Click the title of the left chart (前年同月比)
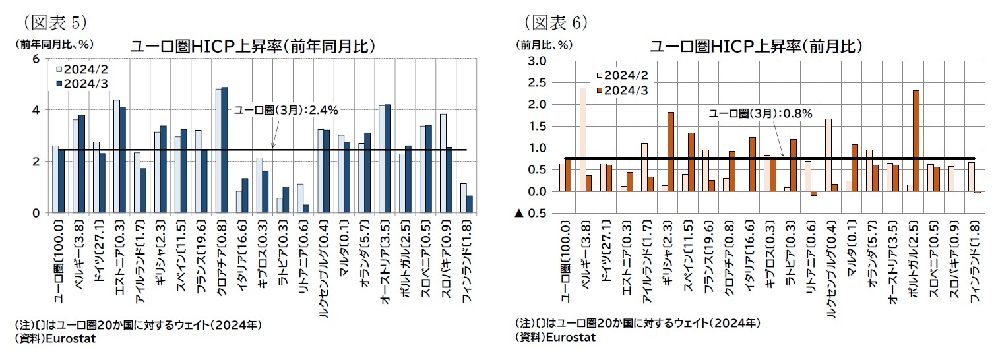coord(253,46)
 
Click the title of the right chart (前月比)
coord(756,46)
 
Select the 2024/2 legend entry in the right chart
coord(623,75)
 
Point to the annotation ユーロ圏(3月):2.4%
coord(286,110)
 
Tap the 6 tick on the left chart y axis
coord(36,59)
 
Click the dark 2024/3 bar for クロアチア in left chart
coord(224,150)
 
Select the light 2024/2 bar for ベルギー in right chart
coord(582,139)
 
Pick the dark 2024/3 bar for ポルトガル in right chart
coord(916,140)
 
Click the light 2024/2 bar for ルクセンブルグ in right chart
coord(828,155)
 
